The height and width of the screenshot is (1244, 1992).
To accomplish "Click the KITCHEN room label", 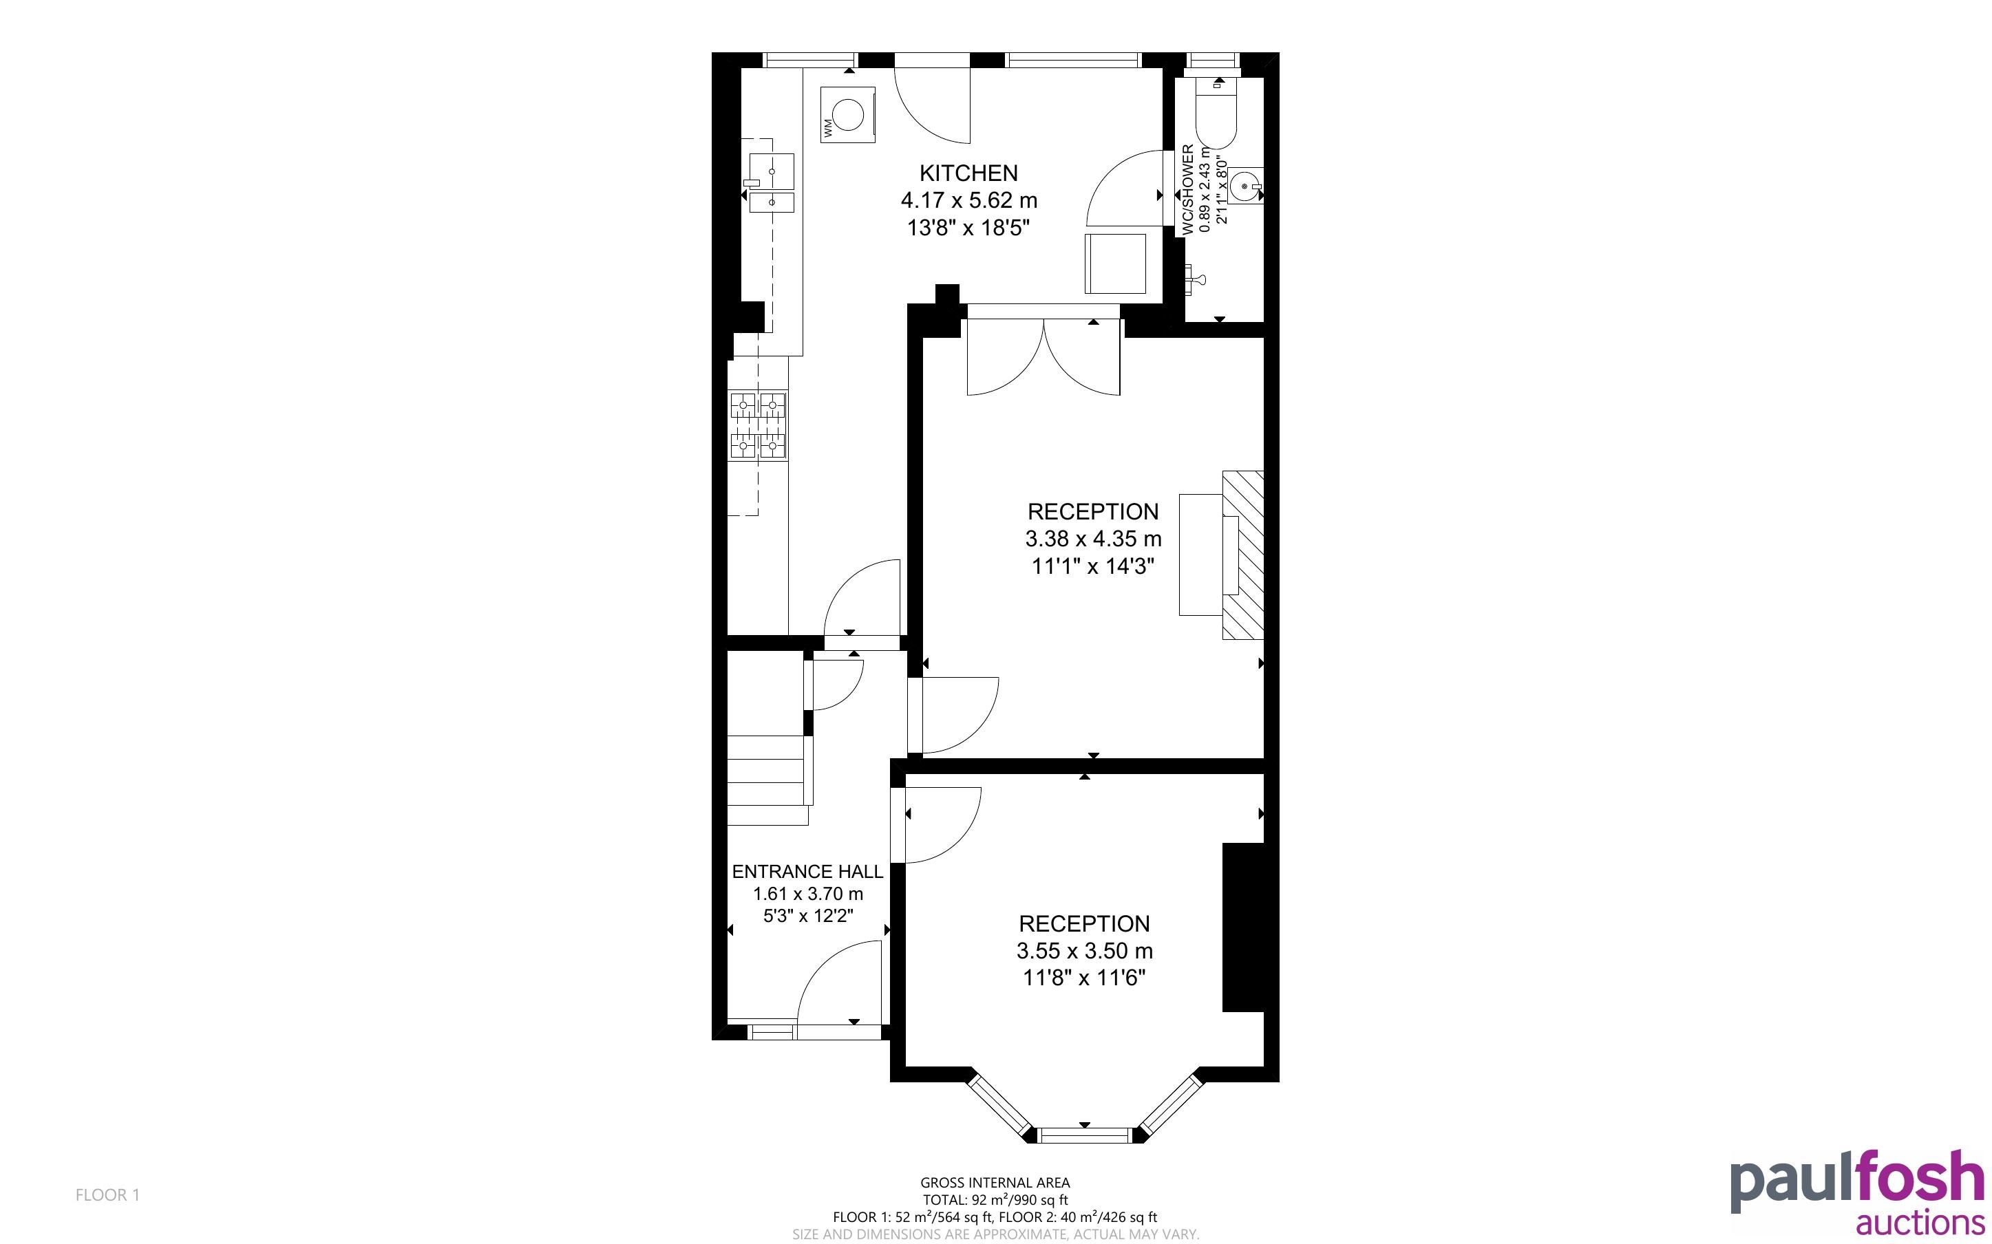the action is tap(968, 173).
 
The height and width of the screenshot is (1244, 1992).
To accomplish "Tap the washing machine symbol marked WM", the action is tap(847, 114).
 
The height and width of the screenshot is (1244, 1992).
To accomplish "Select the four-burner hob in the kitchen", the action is tap(758, 425).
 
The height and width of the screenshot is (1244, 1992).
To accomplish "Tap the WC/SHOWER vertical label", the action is tap(1187, 190).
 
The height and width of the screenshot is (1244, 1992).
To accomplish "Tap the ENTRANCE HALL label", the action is tap(807, 871).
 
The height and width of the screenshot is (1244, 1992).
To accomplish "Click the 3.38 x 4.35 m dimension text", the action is tap(1092, 539).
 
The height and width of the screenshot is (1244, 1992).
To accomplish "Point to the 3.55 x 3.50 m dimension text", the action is tap(1085, 951).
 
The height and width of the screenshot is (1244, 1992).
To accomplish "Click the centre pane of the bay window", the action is tap(1086, 1136).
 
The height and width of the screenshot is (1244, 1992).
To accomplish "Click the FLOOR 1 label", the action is tap(108, 1194).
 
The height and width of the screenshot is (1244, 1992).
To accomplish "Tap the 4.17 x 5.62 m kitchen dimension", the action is tap(968, 200).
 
